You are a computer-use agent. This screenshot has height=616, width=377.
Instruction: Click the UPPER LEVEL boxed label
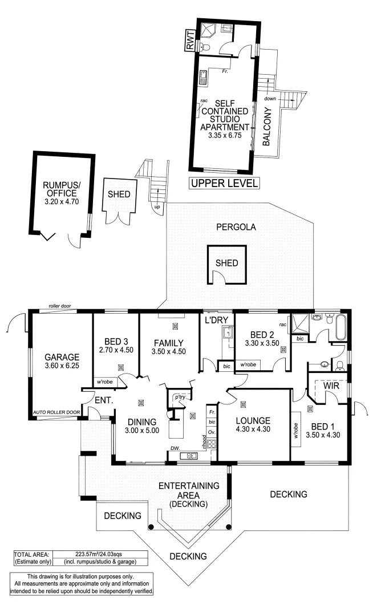[224, 184]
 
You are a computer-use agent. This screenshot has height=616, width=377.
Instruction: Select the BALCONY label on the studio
[266, 128]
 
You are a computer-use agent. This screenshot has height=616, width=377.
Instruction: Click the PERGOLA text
[236, 227]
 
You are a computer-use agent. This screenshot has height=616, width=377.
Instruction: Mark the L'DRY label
[217, 321]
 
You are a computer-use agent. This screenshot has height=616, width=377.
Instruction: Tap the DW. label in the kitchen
[175, 448]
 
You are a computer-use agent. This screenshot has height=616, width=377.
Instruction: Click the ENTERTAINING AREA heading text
[189, 486]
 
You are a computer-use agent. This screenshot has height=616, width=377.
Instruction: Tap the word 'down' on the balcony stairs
[270, 98]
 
